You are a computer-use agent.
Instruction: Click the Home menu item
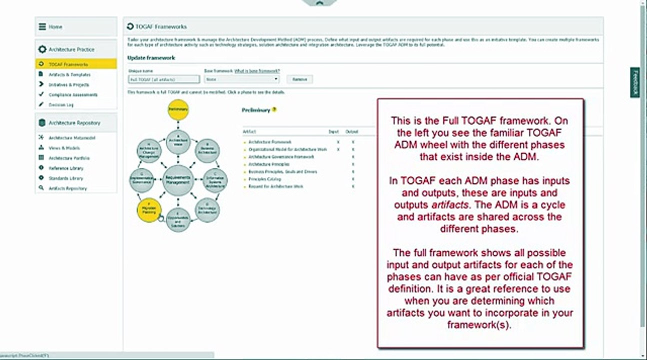55,27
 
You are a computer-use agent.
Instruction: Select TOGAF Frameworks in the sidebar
68,64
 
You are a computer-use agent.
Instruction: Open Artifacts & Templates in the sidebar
69,74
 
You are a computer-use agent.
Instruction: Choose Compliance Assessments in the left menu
73,94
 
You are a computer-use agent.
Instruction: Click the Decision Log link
61,105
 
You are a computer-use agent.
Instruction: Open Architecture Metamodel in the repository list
72,138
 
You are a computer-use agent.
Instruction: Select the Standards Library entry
65,178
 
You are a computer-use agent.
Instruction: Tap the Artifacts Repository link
67,188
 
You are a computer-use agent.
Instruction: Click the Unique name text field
163,79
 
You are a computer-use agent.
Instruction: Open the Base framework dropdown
242,79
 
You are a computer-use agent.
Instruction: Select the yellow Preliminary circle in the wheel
178,109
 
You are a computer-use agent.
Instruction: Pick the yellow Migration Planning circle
149,210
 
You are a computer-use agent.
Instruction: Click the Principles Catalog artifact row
264,179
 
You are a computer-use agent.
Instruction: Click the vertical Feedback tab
635,82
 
